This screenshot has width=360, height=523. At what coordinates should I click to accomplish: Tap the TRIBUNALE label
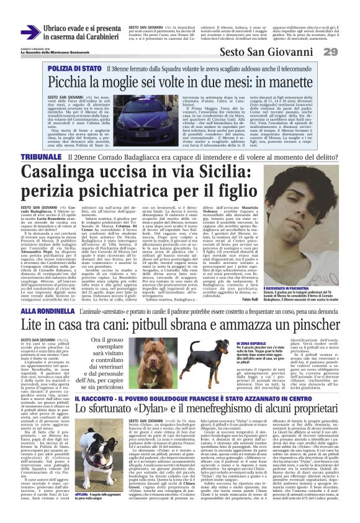41,158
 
